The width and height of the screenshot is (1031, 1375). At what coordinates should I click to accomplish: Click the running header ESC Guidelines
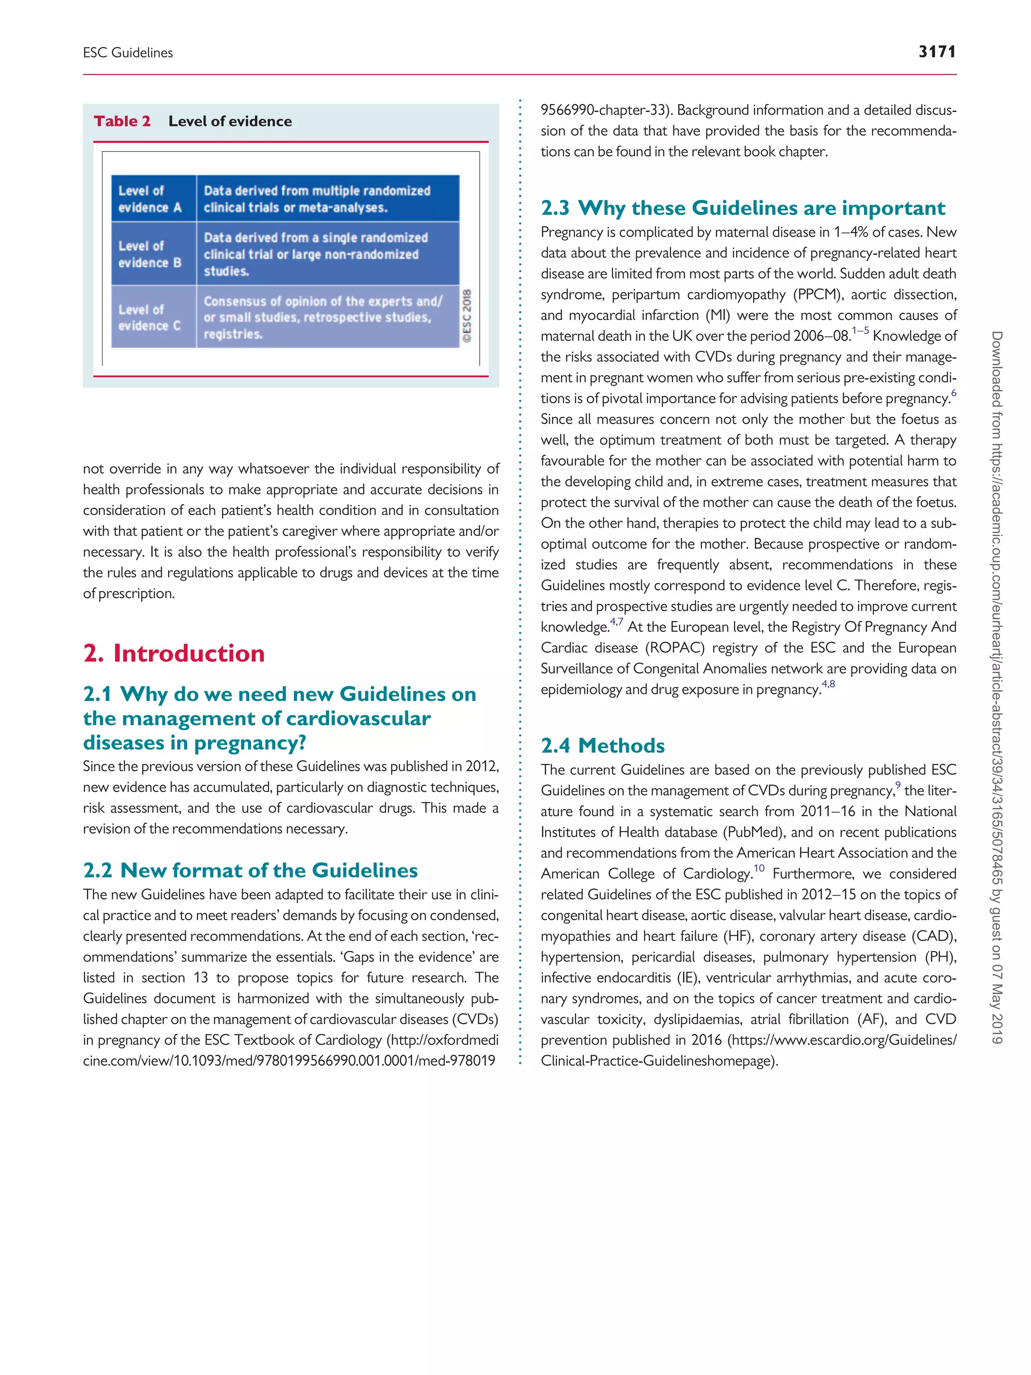[128, 53]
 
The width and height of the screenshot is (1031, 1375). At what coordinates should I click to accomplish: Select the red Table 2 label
[122, 121]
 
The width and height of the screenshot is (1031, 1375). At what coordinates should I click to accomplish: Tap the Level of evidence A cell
[150, 199]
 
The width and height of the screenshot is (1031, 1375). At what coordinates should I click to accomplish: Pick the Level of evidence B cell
[150, 254]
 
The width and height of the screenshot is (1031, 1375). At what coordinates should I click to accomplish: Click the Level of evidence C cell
[150, 317]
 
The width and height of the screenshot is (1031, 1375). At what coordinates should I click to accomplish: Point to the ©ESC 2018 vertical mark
[467, 315]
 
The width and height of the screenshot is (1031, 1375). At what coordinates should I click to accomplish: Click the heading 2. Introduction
[174, 654]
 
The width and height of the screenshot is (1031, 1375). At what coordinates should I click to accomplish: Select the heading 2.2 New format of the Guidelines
[250, 870]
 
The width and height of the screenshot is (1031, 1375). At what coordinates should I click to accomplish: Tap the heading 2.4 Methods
[602, 745]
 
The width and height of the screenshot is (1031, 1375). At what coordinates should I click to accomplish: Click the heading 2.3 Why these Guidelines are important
[743, 207]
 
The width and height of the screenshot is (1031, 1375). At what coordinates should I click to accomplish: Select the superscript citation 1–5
[860, 331]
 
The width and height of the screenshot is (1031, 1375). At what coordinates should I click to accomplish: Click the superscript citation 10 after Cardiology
[759, 869]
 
